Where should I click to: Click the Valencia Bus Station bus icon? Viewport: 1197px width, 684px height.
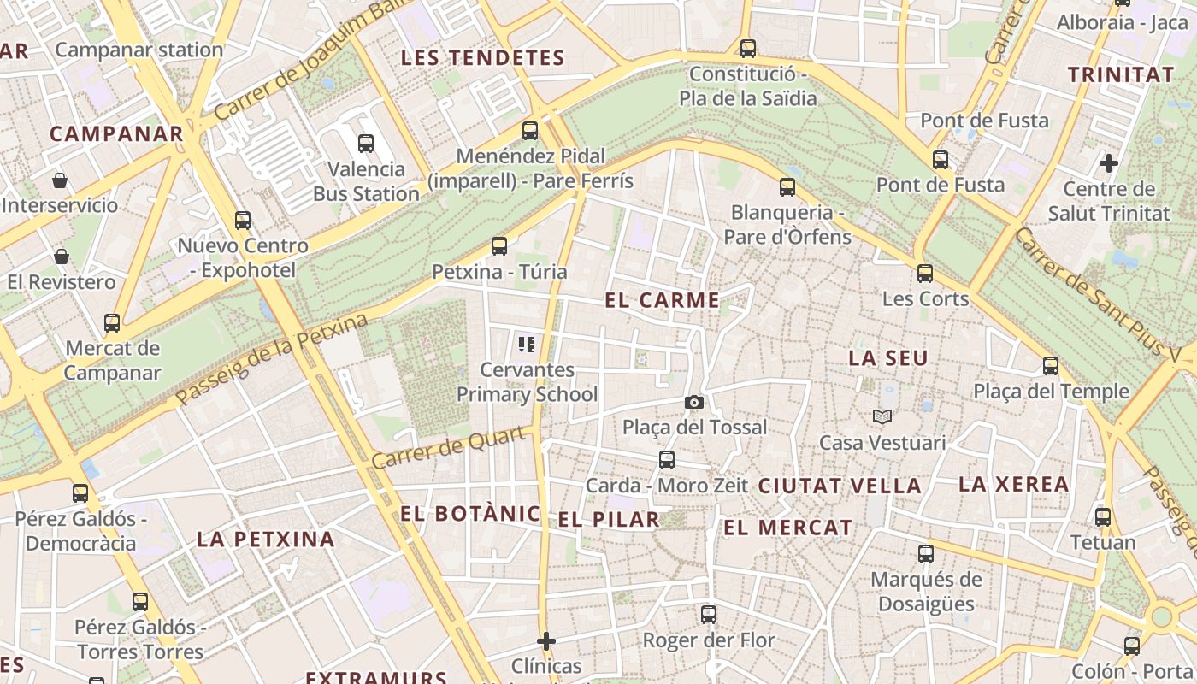(366, 144)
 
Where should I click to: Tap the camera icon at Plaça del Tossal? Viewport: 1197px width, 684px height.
(694, 402)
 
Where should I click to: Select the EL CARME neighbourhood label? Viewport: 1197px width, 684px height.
(662, 300)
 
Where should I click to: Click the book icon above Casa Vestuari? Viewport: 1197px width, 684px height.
(882, 417)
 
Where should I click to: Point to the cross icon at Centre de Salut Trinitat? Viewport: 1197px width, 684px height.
(1109, 162)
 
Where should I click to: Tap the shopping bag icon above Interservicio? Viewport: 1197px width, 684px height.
(60, 180)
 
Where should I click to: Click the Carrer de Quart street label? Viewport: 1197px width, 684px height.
(449, 448)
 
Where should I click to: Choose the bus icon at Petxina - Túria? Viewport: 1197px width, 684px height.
(499, 246)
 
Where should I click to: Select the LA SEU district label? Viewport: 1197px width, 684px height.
(887, 358)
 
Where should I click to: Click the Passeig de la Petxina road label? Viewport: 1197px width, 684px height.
(272, 360)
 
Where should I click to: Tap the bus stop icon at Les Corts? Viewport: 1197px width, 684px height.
(925, 274)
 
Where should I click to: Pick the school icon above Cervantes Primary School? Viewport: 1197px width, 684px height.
(527, 345)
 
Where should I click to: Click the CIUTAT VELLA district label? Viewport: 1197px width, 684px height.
(840, 486)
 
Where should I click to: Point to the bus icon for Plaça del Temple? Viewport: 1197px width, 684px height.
(1051, 366)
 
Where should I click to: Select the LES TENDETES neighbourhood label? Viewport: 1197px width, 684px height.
(483, 58)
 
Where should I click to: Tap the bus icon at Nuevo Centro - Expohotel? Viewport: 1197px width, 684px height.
(243, 221)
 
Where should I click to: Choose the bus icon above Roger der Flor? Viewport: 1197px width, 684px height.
(709, 614)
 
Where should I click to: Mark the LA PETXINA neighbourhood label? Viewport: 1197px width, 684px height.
(265, 540)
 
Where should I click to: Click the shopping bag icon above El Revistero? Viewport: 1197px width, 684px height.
(62, 256)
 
